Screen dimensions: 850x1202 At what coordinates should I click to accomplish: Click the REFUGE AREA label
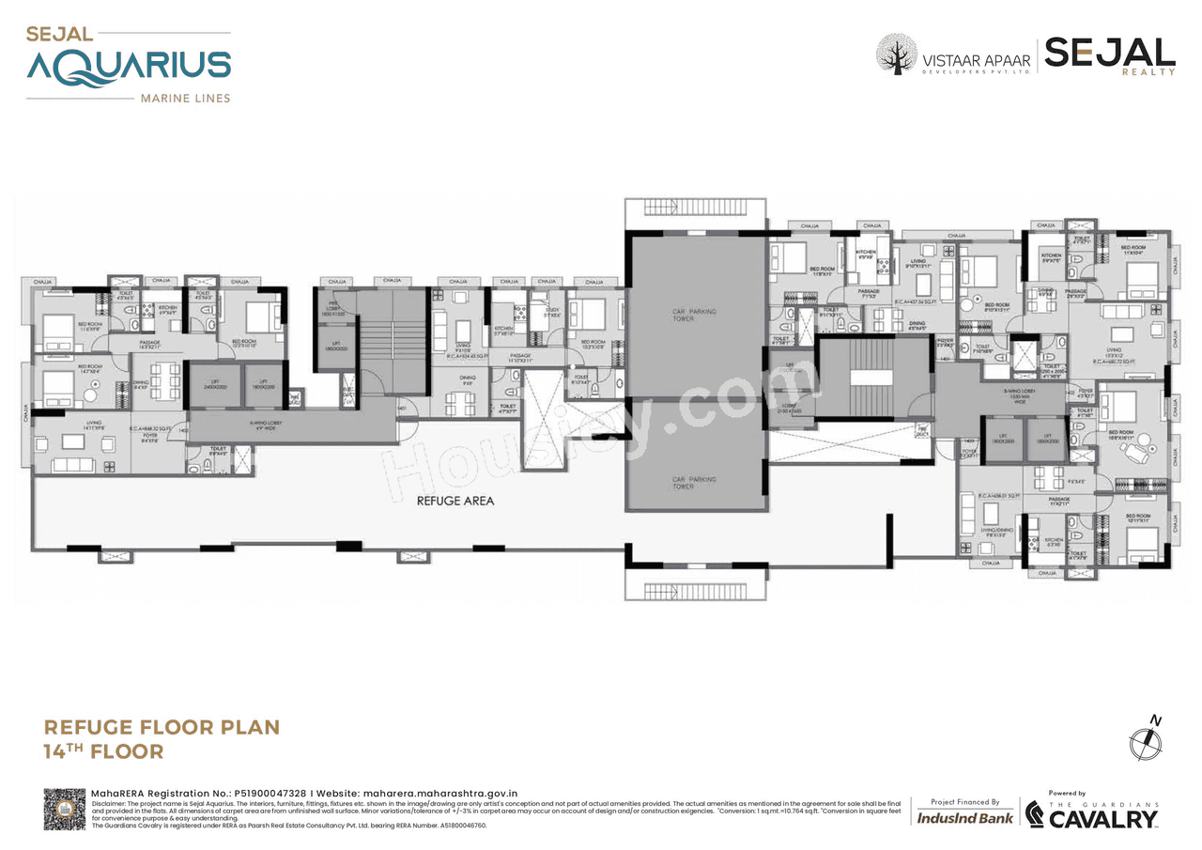(x=455, y=501)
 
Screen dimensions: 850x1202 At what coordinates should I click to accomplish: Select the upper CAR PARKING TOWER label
(x=696, y=315)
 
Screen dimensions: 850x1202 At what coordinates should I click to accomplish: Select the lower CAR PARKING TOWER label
(x=696, y=482)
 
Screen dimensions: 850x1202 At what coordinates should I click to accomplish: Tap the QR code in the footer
(x=64, y=809)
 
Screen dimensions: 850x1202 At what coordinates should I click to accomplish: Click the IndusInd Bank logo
(x=964, y=817)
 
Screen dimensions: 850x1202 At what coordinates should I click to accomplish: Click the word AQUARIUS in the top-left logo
(x=129, y=67)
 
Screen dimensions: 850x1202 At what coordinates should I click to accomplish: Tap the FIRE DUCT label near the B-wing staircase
(x=921, y=429)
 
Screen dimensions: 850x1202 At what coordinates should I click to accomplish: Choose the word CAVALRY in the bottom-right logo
(x=1102, y=819)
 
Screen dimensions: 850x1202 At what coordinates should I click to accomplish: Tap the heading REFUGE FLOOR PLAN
(x=162, y=727)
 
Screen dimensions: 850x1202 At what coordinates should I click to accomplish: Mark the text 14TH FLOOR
(x=103, y=750)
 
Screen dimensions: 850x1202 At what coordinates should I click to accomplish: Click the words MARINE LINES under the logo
(x=184, y=98)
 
